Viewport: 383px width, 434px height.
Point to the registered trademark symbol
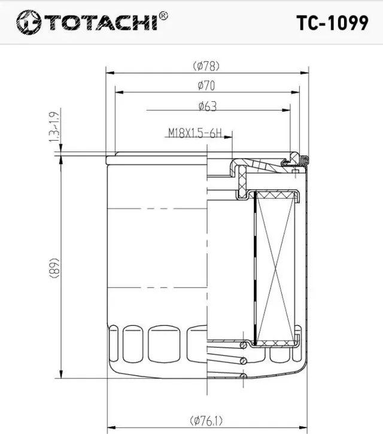coord(165,15)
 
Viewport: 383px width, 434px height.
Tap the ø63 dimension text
coord(207,106)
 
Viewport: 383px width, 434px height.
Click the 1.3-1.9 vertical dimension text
coord(54,127)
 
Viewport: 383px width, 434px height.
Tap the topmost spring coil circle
coord(244,345)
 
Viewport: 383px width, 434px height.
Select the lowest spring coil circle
coord(243,376)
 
